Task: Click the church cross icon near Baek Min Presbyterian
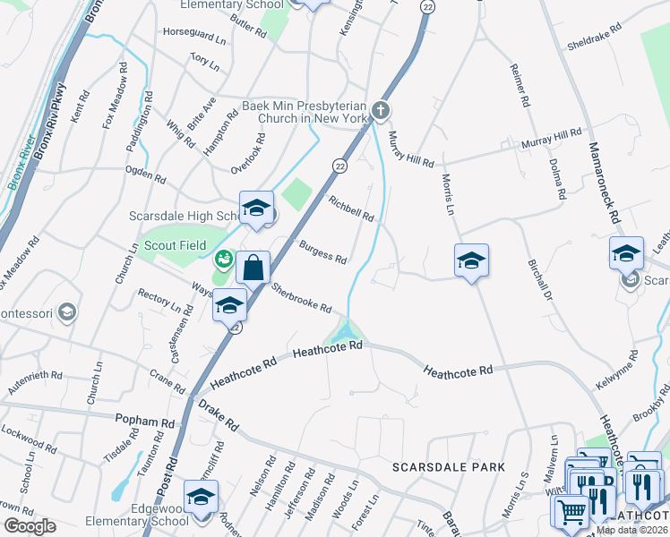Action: click(381, 110)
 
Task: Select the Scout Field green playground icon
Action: click(223, 260)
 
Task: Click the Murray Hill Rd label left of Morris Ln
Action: click(411, 150)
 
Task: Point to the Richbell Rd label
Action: click(351, 209)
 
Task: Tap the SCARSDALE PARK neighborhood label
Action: click(449, 467)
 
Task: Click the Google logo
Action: click(29, 526)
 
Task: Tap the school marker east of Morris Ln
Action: click(471, 260)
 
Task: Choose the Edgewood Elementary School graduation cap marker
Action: click(202, 497)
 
